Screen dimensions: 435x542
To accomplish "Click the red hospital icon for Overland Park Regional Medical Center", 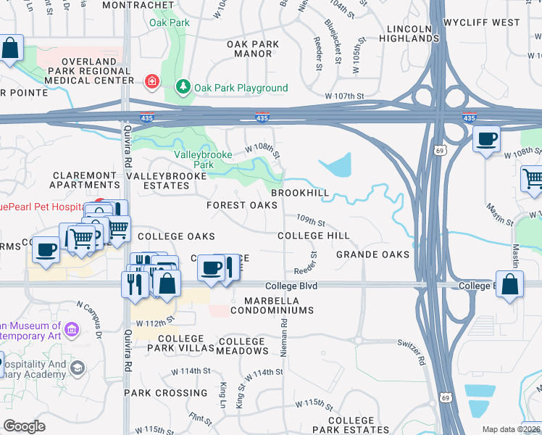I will click(x=151, y=81).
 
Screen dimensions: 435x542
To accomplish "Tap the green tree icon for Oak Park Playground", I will click(x=184, y=88).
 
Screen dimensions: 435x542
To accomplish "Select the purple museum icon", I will click(x=71, y=331).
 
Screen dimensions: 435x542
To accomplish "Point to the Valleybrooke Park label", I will click(x=193, y=159).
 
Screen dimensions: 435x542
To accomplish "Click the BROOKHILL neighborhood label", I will click(x=300, y=194).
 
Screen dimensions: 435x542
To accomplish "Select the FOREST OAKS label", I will click(x=242, y=206).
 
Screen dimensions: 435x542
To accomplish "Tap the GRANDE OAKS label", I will click(x=372, y=254).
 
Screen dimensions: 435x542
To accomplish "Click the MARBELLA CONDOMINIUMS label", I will click(x=272, y=305).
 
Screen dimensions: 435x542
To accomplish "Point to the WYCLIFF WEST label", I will click(x=491, y=22).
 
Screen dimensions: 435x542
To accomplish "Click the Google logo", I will click(x=24, y=426).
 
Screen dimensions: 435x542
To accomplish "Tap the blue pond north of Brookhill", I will click(x=338, y=166).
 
